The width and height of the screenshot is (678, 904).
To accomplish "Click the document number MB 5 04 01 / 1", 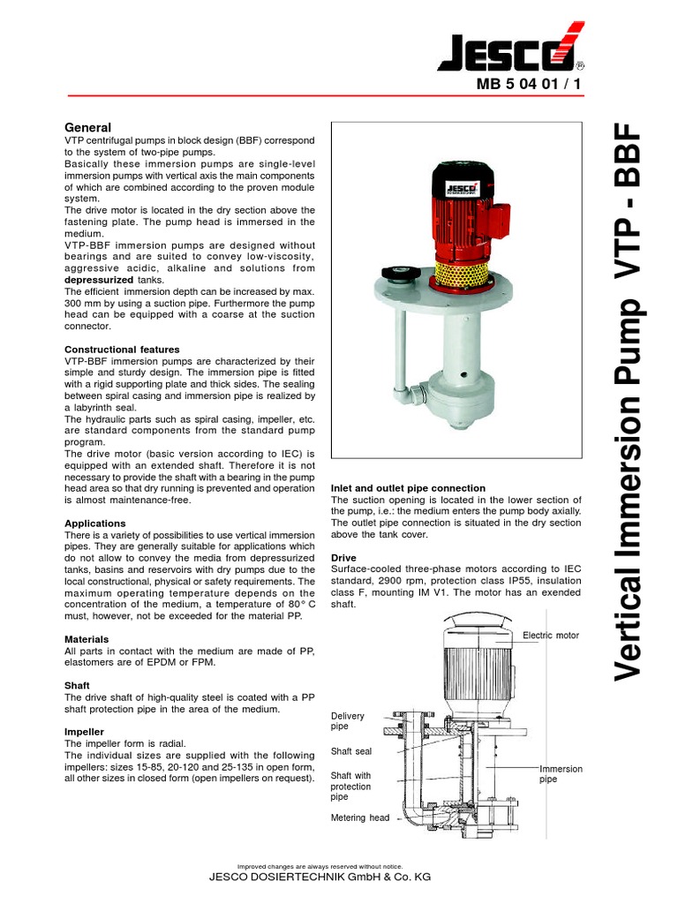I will pyautogui.click(x=527, y=86).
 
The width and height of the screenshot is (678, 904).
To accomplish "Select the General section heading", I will pyautogui.click(x=88, y=127).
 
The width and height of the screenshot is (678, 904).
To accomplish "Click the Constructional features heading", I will pyautogui.click(x=122, y=350).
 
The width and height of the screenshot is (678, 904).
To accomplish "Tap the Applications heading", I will pyautogui.click(x=95, y=524).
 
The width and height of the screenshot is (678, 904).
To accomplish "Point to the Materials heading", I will pyautogui.click(x=87, y=638).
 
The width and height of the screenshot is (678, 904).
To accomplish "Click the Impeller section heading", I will pyautogui.click(x=85, y=732).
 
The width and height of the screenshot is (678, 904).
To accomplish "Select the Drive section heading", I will pyautogui.click(x=343, y=558).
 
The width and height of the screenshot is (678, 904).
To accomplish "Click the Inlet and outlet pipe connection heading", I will pyautogui.click(x=408, y=488).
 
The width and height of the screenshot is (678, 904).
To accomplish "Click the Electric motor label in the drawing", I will pyautogui.click(x=551, y=635).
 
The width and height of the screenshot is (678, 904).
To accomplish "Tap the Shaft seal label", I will pyautogui.click(x=351, y=751).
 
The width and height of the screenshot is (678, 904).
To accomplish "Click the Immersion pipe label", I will pyautogui.click(x=561, y=774).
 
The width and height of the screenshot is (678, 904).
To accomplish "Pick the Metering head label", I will pyautogui.click(x=359, y=817).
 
